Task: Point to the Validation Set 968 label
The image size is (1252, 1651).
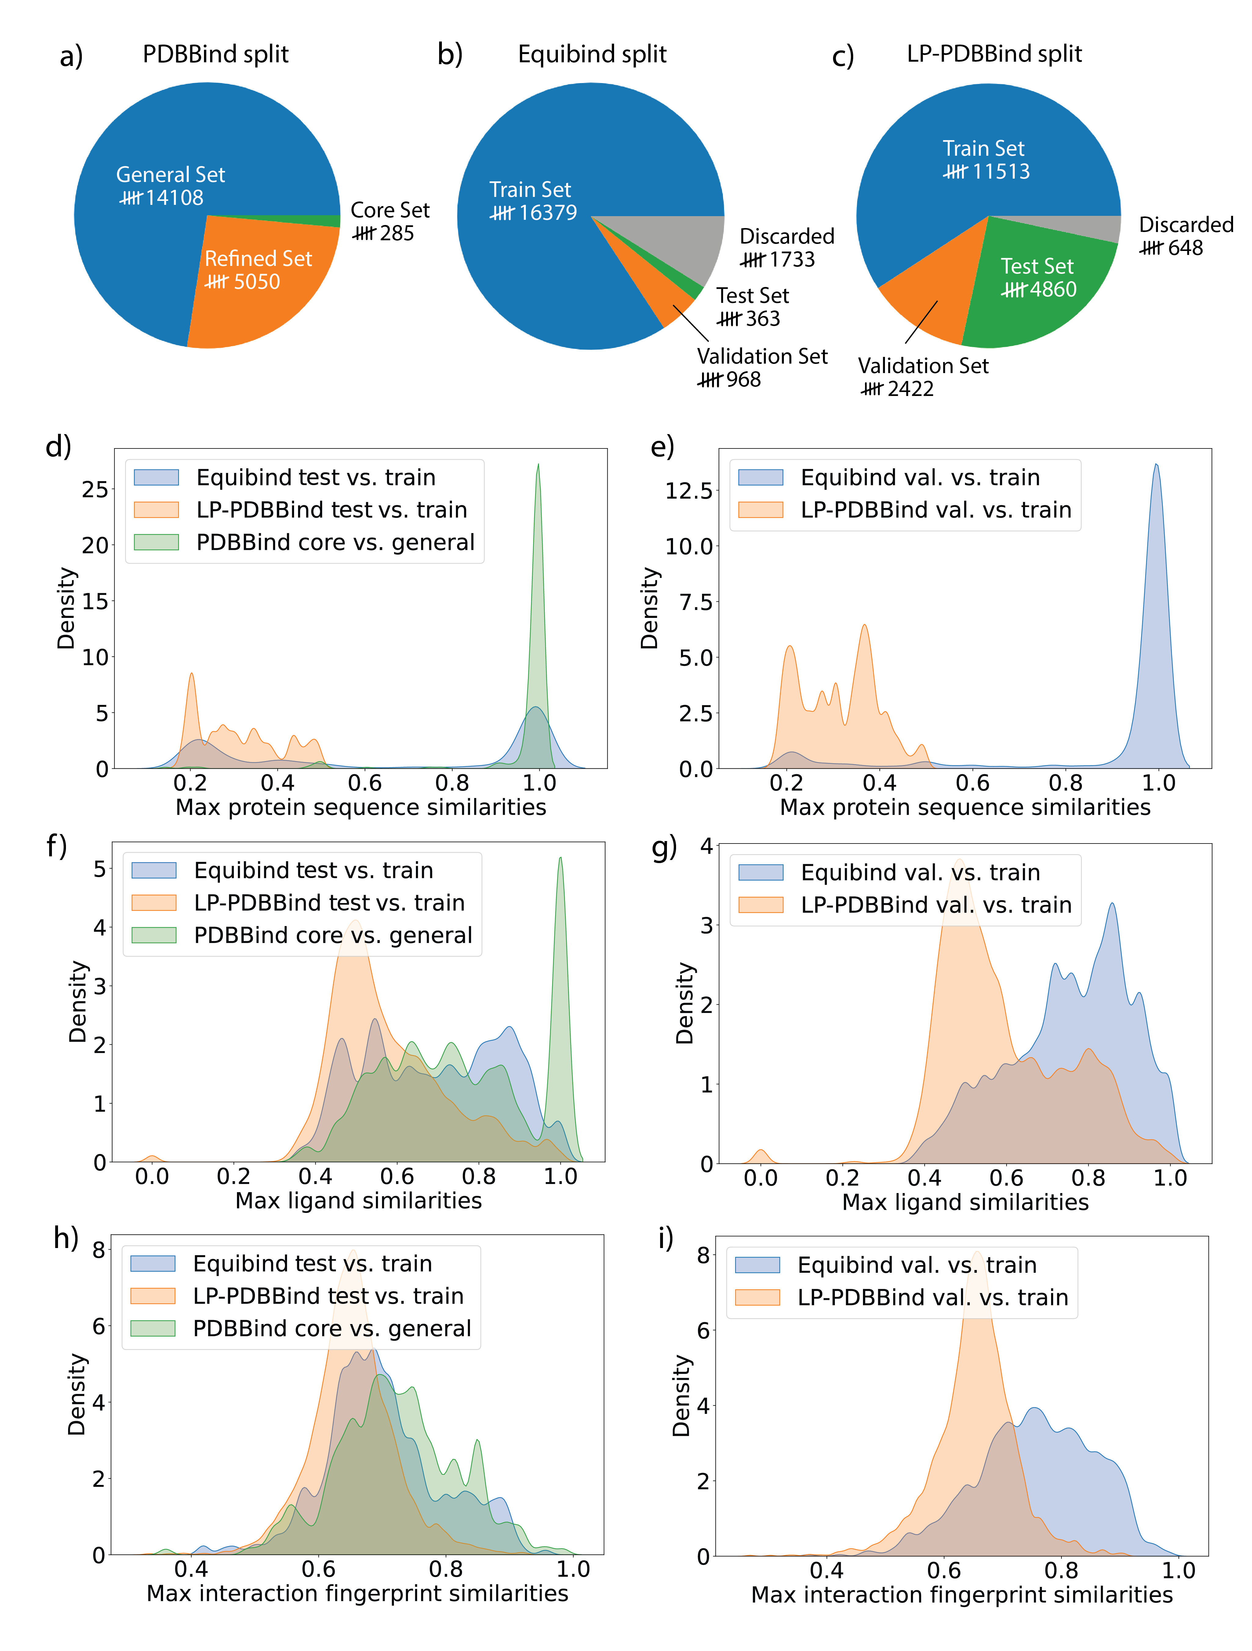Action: [762, 367]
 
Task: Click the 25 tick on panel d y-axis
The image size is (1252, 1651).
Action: [95, 490]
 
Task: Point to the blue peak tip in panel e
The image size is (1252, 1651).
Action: [1156, 465]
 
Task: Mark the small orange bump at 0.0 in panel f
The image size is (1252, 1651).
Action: [151, 1158]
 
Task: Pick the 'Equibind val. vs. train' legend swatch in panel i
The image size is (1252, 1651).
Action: [757, 1265]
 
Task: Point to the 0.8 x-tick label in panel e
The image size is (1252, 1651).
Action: [1065, 783]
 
